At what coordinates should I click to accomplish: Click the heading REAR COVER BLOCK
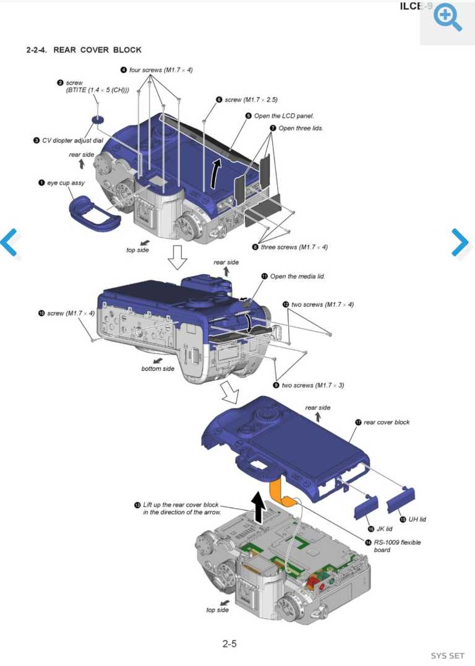[97, 50]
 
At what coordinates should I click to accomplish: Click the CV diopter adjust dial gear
[98, 120]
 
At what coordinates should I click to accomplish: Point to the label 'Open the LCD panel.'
[283, 116]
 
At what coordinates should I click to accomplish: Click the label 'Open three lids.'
[301, 128]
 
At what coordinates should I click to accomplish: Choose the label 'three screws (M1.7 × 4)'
[294, 247]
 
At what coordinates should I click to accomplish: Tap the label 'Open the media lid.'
[297, 276]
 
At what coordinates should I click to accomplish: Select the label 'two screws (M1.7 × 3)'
[313, 385]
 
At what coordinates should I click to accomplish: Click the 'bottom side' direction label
[158, 369]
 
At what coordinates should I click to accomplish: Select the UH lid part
[401, 499]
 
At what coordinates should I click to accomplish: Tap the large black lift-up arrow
[259, 507]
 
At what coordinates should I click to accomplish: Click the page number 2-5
[229, 644]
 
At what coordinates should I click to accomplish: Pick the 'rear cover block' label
[387, 422]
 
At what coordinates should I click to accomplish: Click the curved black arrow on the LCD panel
[215, 173]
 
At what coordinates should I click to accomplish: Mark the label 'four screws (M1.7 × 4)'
[160, 70]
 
